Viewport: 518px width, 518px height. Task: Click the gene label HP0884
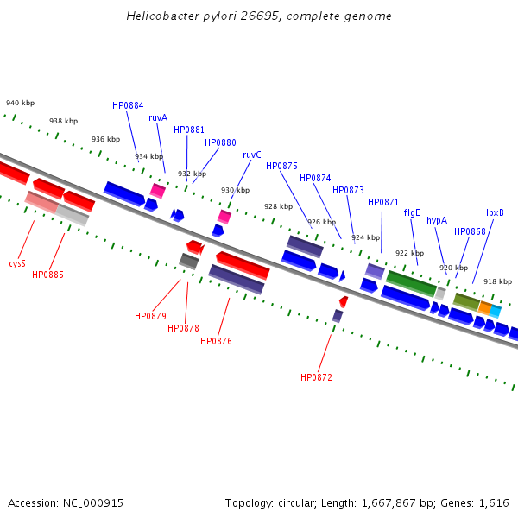tap(128, 105)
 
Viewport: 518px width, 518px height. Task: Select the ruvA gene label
tap(158, 117)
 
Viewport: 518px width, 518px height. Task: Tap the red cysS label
tap(17, 263)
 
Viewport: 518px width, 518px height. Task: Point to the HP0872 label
tap(316, 377)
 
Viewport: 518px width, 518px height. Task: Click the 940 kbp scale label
tap(20, 103)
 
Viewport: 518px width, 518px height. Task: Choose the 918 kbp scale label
tap(497, 281)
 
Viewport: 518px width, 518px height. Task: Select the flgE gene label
tap(412, 212)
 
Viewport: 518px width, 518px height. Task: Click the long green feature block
tap(411, 283)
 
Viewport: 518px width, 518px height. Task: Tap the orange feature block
tap(484, 308)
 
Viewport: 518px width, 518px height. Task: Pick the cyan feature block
tap(496, 312)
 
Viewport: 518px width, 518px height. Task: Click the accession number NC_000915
tap(93, 503)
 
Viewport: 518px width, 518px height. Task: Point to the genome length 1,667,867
tap(388, 503)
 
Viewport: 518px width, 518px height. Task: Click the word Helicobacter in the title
tap(163, 16)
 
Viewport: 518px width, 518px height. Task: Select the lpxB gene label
tap(495, 212)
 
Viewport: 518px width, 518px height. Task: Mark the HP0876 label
tap(216, 341)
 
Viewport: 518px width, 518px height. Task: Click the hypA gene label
tap(437, 221)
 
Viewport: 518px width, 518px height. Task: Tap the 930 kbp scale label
tap(235, 190)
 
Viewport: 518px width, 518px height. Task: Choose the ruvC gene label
tap(252, 155)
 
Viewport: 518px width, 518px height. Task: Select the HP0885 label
tap(47, 275)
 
